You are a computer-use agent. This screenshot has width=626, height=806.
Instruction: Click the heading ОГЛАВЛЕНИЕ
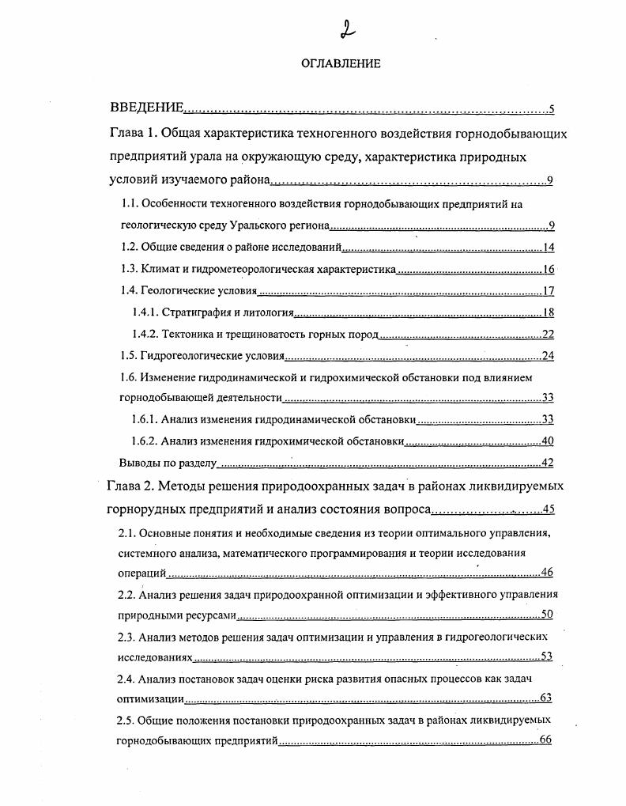341,64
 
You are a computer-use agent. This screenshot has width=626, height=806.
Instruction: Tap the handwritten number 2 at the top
346,29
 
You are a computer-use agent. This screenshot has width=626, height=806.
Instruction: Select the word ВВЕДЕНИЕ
146,108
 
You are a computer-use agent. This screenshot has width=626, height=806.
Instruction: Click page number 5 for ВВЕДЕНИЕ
551,109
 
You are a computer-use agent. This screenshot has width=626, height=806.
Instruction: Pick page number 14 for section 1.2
549,248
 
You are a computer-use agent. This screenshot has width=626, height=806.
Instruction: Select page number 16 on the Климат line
549,270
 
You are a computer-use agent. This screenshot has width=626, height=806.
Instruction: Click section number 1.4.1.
146,312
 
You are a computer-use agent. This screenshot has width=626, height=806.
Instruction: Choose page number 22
548,334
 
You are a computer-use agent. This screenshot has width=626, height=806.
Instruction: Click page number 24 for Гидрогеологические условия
548,355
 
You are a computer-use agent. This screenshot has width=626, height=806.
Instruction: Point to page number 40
548,441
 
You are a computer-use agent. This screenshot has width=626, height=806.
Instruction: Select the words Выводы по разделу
167,463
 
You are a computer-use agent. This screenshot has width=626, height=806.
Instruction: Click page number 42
548,463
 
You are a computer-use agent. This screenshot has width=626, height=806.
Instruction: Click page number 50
546,615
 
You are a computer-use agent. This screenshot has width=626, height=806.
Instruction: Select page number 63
545,698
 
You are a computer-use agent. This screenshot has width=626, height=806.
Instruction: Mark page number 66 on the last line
545,740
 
